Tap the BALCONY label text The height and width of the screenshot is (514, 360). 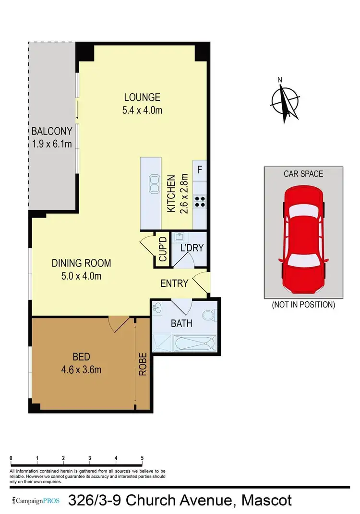click(52, 131)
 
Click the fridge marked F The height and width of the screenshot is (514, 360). click(200, 169)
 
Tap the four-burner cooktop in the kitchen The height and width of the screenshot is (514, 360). click(200, 201)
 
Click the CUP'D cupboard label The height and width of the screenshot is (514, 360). click(162, 249)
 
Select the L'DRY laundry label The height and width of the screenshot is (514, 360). click(192, 248)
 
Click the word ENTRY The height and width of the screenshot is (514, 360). click(174, 283)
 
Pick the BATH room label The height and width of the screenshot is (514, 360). click(181, 323)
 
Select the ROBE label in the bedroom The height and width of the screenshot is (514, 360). click(143, 364)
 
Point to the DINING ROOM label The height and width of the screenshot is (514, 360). click(82, 263)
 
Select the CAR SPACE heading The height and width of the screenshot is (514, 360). click(303, 173)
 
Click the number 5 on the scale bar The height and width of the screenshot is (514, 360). click(143, 458)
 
